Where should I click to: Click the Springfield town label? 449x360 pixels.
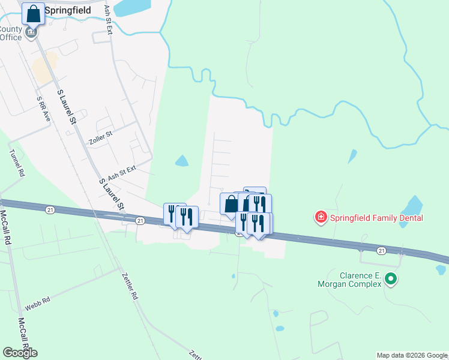68,10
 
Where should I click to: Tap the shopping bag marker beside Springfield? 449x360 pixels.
34,13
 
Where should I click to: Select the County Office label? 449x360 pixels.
10,33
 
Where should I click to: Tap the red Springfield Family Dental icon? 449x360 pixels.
322,217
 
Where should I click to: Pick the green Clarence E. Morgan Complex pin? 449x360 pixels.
391,278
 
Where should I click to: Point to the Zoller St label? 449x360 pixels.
100,137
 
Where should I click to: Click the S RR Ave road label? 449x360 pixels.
43,108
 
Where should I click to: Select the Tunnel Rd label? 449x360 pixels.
16,163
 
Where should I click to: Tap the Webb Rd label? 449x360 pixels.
37,303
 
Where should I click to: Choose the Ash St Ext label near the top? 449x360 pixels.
108,20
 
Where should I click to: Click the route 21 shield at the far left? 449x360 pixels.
49,208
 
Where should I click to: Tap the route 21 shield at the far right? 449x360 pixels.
381,250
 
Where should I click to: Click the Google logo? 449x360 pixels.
20,352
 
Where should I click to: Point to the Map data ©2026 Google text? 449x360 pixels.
412,355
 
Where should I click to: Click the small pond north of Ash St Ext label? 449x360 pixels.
181,161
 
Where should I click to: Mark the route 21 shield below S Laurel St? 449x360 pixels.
140,221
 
